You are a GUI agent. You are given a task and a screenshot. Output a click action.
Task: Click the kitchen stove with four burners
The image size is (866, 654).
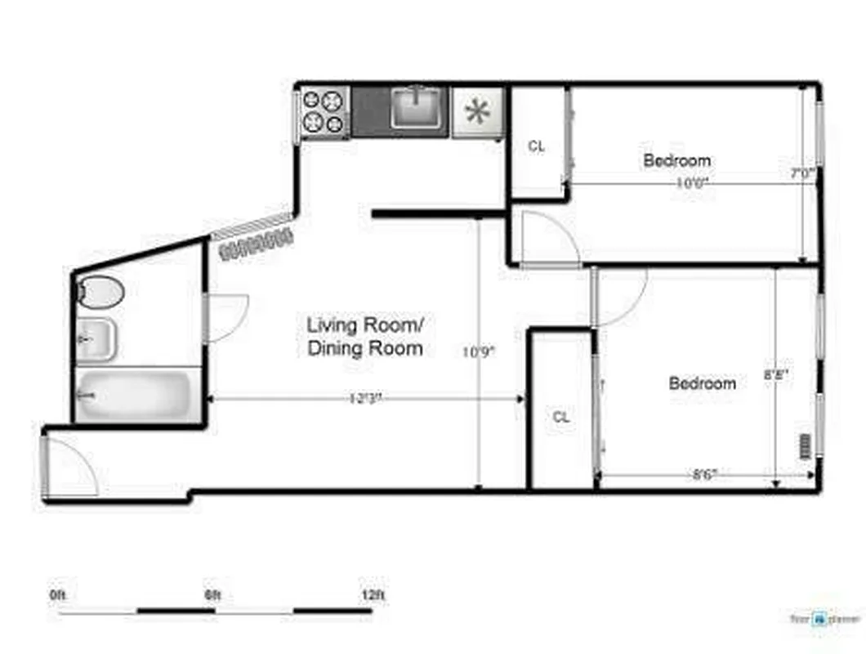click(323, 112)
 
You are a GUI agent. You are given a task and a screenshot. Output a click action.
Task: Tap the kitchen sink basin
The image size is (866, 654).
click(417, 110)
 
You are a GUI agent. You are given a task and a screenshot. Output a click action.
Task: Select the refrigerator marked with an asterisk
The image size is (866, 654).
click(477, 112)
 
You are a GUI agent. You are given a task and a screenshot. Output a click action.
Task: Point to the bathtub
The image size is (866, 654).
click(136, 396)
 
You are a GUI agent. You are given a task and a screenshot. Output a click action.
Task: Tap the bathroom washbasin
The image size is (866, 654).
click(97, 338)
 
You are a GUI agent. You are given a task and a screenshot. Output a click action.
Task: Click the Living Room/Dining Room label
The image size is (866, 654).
click(364, 336)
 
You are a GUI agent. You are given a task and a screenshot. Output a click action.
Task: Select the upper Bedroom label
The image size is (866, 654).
click(676, 160)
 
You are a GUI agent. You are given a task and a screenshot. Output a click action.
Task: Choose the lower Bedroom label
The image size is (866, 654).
click(702, 383)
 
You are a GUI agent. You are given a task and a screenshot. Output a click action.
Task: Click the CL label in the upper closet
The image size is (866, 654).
click(536, 147)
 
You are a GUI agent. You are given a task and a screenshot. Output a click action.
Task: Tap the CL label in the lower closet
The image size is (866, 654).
click(560, 417)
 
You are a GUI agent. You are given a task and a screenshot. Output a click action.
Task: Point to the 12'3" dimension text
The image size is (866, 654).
click(365, 399)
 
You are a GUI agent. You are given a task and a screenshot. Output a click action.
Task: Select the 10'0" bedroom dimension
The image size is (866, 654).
click(690, 183)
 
